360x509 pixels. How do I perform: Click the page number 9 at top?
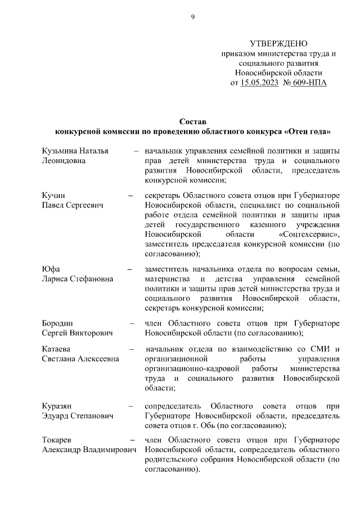(192, 17)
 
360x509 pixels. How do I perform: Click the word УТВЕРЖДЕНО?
(278, 44)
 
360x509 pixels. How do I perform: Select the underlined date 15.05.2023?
(259, 83)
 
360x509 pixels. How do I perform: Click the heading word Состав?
(193, 121)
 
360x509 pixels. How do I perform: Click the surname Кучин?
(53, 196)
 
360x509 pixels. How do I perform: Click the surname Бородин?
(58, 323)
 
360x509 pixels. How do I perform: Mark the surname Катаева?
(57, 350)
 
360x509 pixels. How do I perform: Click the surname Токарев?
(58, 440)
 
